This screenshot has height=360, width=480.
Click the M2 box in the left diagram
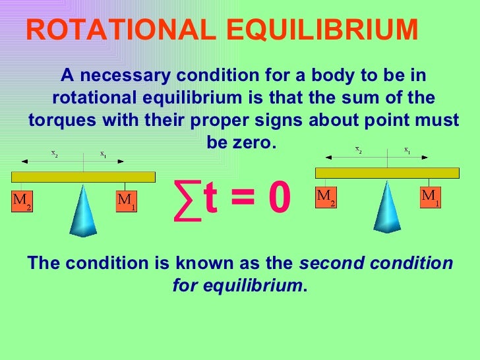click(x=22, y=201)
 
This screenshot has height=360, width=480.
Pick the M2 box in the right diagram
click(x=326, y=197)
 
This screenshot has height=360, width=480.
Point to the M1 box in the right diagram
click(x=431, y=197)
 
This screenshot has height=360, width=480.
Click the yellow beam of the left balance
click(x=83, y=177)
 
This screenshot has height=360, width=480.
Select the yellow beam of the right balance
click(x=387, y=173)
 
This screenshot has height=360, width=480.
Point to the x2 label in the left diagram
click(x=54, y=153)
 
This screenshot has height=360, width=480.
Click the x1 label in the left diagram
click(x=104, y=154)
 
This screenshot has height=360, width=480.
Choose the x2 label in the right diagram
click(x=358, y=150)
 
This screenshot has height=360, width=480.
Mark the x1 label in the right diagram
click(x=407, y=150)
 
